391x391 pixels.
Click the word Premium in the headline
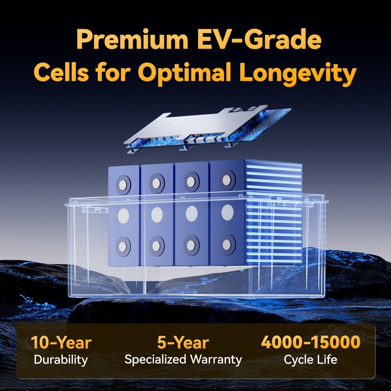click(133, 40)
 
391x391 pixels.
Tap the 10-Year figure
click(61, 342)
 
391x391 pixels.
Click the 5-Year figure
click(183, 342)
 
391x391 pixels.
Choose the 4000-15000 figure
click(311, 342)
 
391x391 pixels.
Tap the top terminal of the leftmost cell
click(123, 185)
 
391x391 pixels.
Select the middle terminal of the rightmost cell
click(227, 212)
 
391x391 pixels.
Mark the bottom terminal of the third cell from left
click(191, 244)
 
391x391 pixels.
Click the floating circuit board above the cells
click(207, 129)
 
